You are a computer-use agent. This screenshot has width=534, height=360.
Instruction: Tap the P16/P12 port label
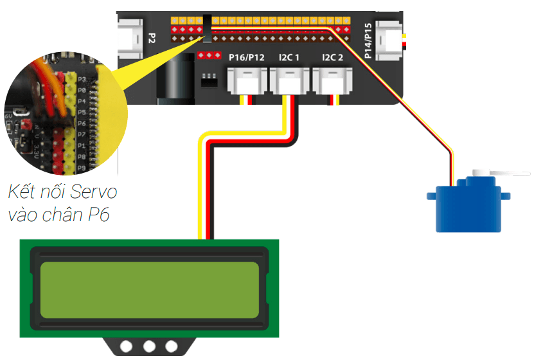(x=247, y=58)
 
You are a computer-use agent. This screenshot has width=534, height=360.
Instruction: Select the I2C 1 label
(x=289, y=58)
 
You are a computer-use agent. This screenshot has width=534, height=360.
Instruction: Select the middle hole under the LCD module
(x=150, y=346)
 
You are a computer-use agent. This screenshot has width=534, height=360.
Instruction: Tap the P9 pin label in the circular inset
(x=82, y=168)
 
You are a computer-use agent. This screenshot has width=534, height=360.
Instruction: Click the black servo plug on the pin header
(x=207, y=25)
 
